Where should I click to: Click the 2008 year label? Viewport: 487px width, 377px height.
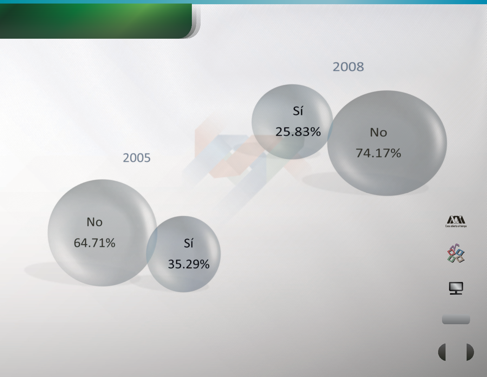click(x=348, y=67)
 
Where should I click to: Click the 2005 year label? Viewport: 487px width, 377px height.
click(x=136, y=158)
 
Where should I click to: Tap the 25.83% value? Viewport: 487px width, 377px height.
click(x=298, y=132)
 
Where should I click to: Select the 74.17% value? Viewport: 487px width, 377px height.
click(x=378, y=153)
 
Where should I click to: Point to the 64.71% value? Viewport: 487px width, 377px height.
click(x=95, y=243)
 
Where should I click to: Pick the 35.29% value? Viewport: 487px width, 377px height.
click(x=189, y=264)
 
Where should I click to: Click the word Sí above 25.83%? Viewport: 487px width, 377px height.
click(x=298, y=111)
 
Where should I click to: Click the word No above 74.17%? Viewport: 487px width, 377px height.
click(x=378, y=132)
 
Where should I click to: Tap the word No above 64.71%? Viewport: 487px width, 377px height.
click(x=95, y=222)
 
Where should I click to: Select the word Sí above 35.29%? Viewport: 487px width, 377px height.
click(x=188, y=243)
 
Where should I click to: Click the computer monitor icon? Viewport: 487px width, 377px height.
click(x=456, y=288)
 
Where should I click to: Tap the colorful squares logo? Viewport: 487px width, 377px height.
click(x=456, y=253)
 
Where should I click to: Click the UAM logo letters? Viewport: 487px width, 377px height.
click(x=456, y=220)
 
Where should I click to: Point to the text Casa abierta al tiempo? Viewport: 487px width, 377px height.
click(x=456, y=226)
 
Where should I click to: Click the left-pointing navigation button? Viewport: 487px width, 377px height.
click(x=442, y=352)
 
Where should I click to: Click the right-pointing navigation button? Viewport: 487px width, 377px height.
click(x=470, y=352)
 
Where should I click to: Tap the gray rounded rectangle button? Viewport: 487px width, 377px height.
click(x=456, y=319)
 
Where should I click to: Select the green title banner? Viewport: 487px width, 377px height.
click(x=96, y=21)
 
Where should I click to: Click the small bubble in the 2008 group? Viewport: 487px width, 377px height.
click(x=292, y=122)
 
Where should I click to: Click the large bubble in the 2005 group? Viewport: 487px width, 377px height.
click(x=102, y=233)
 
